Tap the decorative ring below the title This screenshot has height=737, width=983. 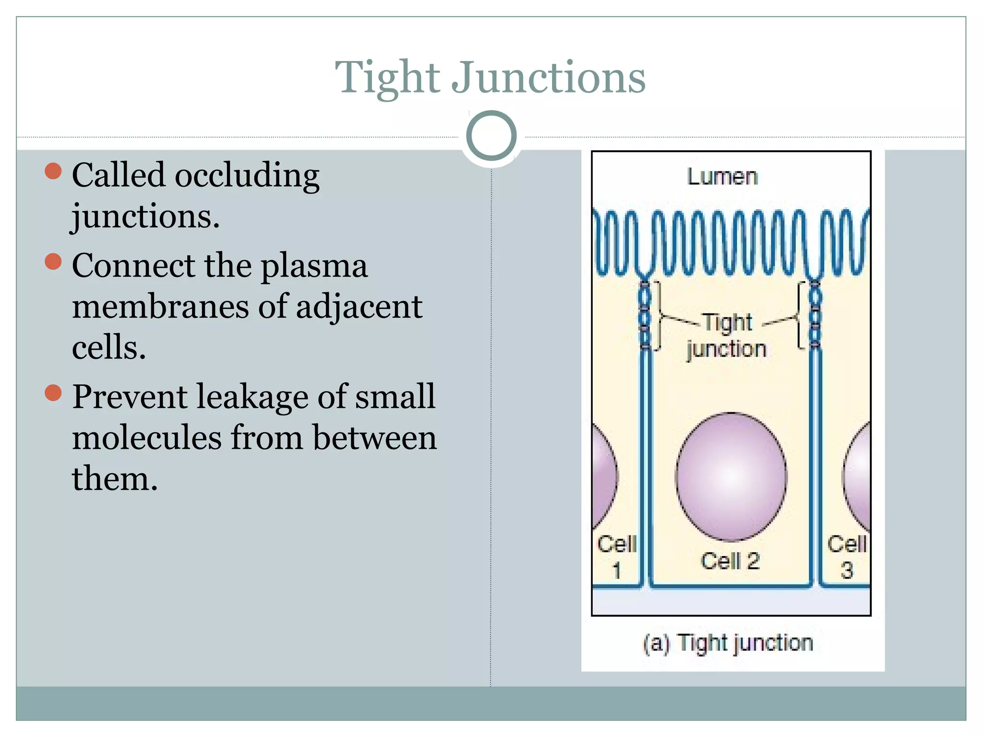pos(491,136)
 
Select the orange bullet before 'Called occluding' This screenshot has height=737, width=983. pos(53,171)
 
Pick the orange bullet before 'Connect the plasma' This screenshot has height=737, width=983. pos(53,262)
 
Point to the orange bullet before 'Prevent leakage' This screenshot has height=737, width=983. pos(53,393)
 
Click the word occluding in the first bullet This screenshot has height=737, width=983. pos(247,175)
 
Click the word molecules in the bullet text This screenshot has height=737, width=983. pos(146,438)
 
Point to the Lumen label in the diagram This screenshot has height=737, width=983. pos(722,177)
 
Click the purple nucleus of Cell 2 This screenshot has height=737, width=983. pos(731,476)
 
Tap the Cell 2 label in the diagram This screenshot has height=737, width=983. pos(730,560)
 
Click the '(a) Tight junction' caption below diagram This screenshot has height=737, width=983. pos(728,643)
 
